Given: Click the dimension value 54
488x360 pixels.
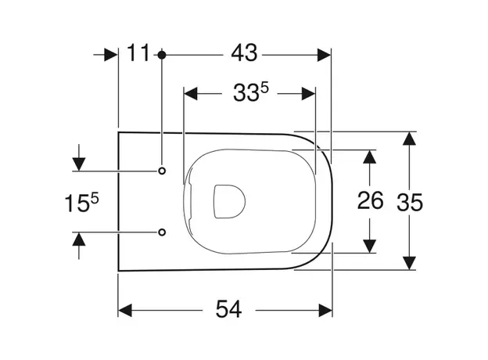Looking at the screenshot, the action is point(228,309).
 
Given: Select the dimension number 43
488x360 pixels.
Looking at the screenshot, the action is point(244,52).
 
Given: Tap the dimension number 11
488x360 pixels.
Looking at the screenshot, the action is point(138,52).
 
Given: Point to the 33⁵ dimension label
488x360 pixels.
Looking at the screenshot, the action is point(250,92).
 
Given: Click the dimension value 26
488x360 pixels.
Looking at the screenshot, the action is point(370,200).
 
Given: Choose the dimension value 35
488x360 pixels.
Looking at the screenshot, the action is point(410,203).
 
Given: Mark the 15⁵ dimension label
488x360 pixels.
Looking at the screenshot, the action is point(81,203).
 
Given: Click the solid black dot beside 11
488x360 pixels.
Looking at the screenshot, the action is point(162,55).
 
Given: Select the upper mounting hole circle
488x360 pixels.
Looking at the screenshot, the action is point(162,171).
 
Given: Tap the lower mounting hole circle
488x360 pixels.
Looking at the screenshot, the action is point(162,232).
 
